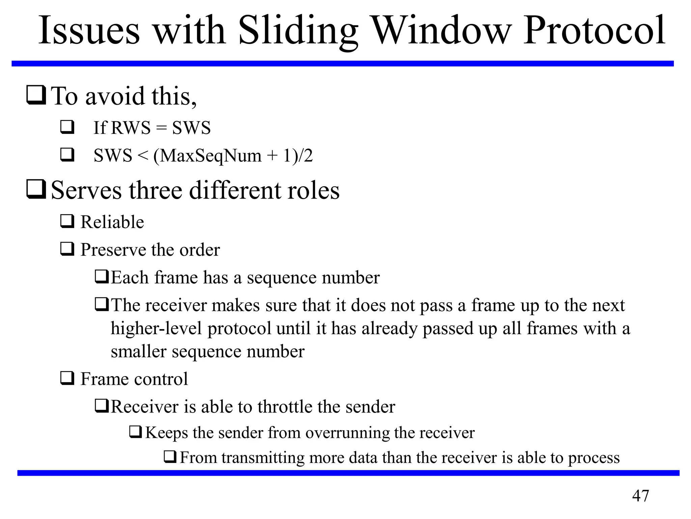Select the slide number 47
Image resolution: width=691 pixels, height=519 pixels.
tap(640, 496)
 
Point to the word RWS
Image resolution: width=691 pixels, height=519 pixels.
tap(131, 128)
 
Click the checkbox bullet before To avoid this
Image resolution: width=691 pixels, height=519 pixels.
tap(36, 96)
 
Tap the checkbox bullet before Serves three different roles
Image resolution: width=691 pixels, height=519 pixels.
tap(36, 190)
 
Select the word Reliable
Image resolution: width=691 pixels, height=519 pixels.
tap(112, 222)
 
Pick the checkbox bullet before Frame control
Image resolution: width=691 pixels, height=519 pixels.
tap(67, 378)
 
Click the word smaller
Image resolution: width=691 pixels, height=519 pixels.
tap(139, 352)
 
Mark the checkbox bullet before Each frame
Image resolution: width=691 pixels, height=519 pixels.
tap(102, 277)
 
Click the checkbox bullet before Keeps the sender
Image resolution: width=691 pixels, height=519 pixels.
tap(136, 432)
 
